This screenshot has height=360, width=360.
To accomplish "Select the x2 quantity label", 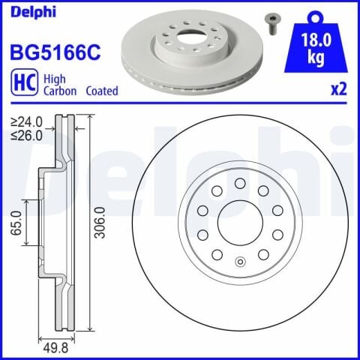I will [x=339, y=89].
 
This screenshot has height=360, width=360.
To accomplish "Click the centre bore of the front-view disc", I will [x=240, y=223].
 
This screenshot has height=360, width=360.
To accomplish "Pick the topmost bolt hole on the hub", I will [x=240, y=183].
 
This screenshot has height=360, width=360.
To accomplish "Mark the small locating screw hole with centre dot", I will [x=240, y=262].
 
